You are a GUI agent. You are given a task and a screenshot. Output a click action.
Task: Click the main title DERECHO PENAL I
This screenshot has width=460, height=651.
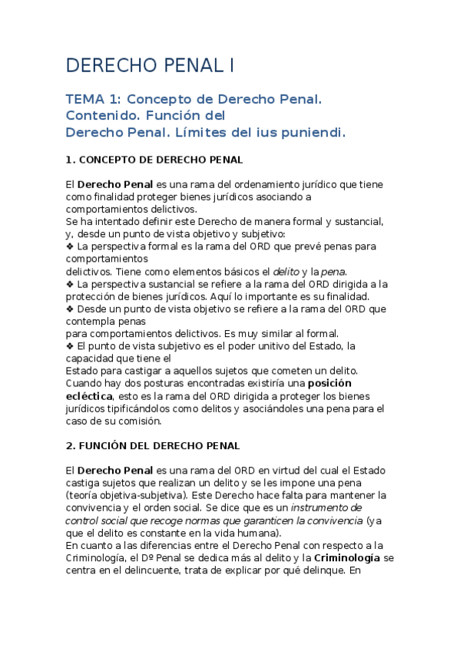pos(151,66)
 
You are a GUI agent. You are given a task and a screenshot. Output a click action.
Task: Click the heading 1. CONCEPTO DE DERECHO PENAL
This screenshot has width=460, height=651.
pos(154,160)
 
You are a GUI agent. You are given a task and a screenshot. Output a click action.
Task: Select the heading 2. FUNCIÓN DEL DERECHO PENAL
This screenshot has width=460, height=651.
pos(153,445)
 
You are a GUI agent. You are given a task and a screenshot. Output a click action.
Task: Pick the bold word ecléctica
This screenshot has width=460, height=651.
pos(88,395)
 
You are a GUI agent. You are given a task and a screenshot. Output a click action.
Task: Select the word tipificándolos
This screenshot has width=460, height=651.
pos(147,408)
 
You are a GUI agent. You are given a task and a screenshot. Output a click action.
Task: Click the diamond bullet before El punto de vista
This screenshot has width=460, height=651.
pos(70,345)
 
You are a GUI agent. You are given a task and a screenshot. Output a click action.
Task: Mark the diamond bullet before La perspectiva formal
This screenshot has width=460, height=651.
pos(70,246)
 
